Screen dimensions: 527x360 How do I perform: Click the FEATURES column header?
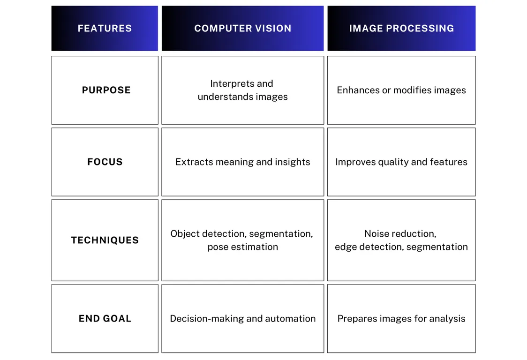tap(105, 28)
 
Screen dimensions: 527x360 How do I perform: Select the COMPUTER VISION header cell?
tap(242, 28)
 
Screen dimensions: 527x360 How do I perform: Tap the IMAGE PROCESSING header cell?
tap(401, 28)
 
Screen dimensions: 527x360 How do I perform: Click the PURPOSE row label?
tap(106, 90)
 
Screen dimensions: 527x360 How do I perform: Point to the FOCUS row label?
tap(105, 162)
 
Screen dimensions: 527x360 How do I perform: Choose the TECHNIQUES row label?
tap(105, 240)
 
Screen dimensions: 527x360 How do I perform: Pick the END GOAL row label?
tap(105, 318)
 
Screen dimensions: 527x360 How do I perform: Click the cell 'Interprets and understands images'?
tap(242, 90)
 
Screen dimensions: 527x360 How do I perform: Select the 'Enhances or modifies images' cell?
tap(401, 90)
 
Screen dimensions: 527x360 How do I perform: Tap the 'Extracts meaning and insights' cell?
tap(242, 162)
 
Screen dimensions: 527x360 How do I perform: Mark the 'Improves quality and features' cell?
tap(401, 162)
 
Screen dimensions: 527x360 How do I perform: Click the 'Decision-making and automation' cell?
tap(242, 318)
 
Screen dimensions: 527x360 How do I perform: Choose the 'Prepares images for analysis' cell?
tap(401, 318)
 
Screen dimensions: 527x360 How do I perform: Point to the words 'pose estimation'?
tap(242, 247)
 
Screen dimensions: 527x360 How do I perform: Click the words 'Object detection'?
tap(207, 233)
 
